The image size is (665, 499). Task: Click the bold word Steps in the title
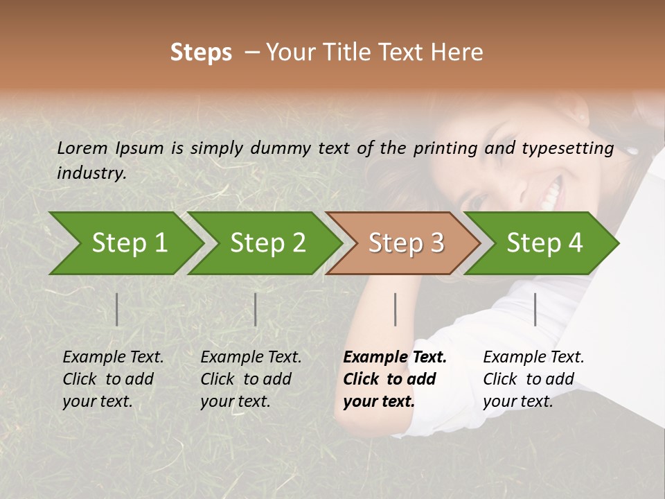tap(201, 53)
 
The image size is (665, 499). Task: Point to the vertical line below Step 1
tap(117, 309)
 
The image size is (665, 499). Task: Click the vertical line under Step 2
tap(256, 309)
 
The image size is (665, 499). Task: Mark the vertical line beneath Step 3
tap(395, 309)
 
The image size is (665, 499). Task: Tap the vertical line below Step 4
tap(535, 309)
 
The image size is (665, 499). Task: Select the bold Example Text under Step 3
tap(395, 378)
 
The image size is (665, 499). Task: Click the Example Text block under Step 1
tap(113, 378)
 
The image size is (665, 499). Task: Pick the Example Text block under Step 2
tap(251, 378)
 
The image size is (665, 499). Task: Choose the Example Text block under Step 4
tap(533, 378)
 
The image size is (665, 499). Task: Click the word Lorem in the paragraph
tap(82, 148)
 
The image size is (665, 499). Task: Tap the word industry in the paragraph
tap(91, 173)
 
